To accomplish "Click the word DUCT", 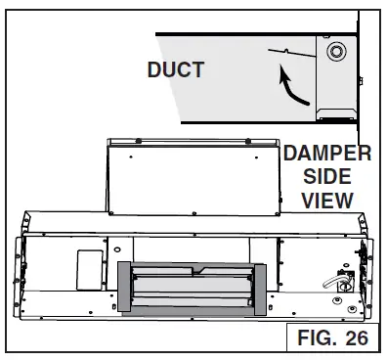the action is coord(176,69).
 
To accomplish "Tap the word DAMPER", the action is coord(327,153).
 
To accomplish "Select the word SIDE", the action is coord(327,176).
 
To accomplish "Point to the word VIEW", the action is coord(327,201).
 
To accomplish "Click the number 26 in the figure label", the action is coord(357,337).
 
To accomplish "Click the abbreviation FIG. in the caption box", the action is coord(318,337).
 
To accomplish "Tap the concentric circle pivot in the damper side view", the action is coord(336,52).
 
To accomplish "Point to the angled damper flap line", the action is coord(292,53).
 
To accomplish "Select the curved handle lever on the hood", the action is coord(332,281).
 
